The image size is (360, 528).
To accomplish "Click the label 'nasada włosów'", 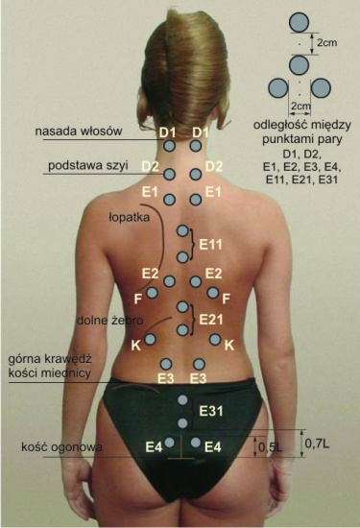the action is click(x=79, y=131).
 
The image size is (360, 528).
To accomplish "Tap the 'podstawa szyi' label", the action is click(x=88, y=166).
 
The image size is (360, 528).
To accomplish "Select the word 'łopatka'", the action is click(x=129, y=217).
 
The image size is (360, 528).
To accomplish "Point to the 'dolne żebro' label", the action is click(x=110, y=320).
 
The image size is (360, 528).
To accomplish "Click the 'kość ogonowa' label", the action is click(x=61, y=446).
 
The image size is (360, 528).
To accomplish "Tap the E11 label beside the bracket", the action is click(x=211, y=244).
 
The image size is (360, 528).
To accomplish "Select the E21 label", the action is click(x=211, y=320).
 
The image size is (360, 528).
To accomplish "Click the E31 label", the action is click(x=211, y=411).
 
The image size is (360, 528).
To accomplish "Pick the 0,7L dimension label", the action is click(x=317, y=444).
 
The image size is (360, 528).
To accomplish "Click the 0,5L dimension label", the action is click(x=271, y=447).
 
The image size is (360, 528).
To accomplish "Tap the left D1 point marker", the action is click(x=169, y=146).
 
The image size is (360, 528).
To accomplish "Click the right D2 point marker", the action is click(x=195, y=174).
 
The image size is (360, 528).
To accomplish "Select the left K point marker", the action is click(x=150, y=339).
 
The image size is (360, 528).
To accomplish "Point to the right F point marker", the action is click(x=212, y=293).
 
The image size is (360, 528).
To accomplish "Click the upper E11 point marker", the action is click(x=182, y=231).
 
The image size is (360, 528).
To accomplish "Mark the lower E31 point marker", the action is click(x=182, y=423).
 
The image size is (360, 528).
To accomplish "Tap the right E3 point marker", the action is click(x=199, y=364).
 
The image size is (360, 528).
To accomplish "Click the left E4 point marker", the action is click(x=169, y=443).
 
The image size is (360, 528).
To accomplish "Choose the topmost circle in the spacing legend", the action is click(x=299, y=22).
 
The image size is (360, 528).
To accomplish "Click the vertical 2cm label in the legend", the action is click(x=327, y=42).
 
